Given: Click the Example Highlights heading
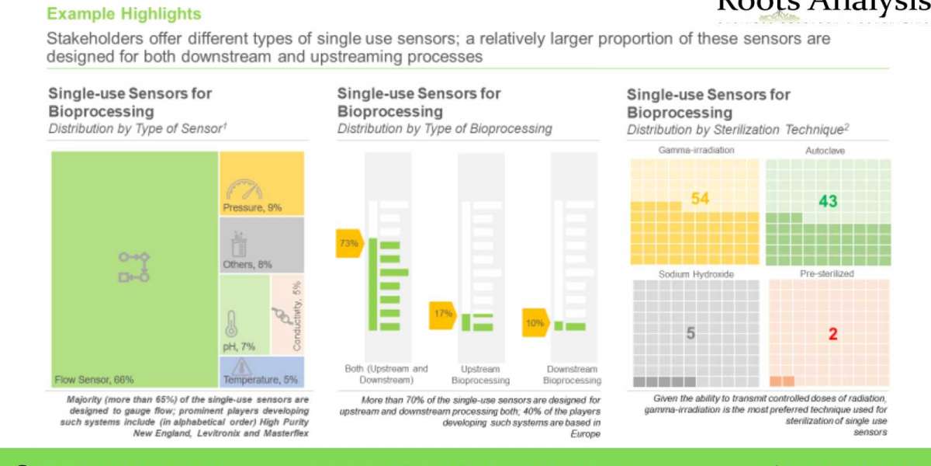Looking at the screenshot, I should pos(124,14).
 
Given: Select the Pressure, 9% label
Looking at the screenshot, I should pos(252,207).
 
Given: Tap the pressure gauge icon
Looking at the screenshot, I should pos(245,189).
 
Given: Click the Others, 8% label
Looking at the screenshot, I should pos(247,264).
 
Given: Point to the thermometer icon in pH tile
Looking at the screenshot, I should pos(230,322).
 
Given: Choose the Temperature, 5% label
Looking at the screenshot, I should pos(261,381).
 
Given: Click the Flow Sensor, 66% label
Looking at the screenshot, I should pos(94,380).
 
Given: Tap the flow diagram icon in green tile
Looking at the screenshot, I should pos(133,266).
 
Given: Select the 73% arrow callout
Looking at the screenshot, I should pos(348,243).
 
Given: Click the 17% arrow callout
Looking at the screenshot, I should pos(443,314).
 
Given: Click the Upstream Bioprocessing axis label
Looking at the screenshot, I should pos(481,374).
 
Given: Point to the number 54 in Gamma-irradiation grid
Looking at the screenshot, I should pos(701,198).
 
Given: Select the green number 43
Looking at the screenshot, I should pos(828,201).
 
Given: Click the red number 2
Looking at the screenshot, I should pos(832,334).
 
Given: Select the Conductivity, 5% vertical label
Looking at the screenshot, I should pos(297,315).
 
